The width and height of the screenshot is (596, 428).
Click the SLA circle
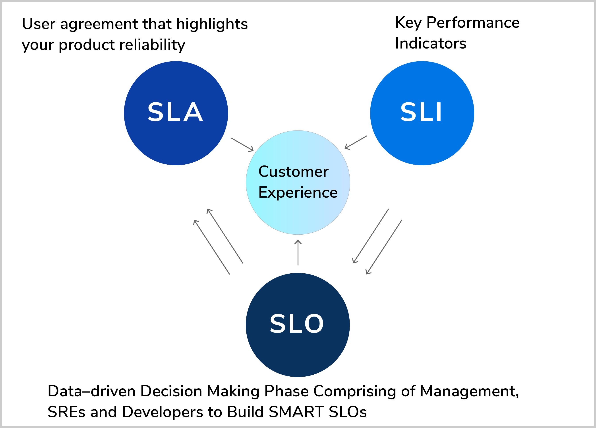[x=176, y=113]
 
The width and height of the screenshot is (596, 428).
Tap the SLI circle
[x=422, y=113]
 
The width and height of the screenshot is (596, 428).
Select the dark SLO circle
[x=298, y=325]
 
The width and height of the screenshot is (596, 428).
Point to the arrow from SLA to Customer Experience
[x=242, y=145]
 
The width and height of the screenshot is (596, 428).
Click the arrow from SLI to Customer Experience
[x=356, y=142]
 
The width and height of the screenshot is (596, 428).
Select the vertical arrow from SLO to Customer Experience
[x=298, y=252]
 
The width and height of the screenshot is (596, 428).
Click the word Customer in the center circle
[x=293, y=172]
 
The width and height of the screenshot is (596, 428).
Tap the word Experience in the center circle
[x=298, y=193]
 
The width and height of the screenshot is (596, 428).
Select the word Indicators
[x=430, y=43]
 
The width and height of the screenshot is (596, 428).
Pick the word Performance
[x=473, y=23]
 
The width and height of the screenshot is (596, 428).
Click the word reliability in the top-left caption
[x=152, y=45]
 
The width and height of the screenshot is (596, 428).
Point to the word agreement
[x=99, y=24]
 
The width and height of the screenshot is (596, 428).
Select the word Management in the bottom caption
[x=469, y=391]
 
